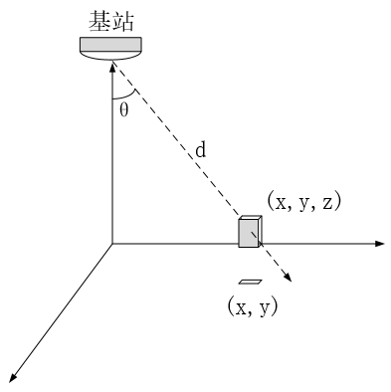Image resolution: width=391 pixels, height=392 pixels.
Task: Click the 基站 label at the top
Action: (x=111, y=20)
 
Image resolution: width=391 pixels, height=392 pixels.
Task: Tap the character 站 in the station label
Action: (x=123, y=20)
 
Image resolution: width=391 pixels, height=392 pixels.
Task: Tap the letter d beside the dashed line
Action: (x=201, y=150)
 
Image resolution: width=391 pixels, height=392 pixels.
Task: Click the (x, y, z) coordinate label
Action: (x=304, y=202)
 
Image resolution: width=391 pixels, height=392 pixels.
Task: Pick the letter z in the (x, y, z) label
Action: (x=332, y=202)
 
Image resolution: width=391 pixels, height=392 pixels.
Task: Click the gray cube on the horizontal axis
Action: (x=249, y=231)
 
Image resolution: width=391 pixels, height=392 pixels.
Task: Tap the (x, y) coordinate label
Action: (x=252, y=306)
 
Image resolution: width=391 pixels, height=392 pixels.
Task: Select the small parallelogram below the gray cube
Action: (x=249, y=282)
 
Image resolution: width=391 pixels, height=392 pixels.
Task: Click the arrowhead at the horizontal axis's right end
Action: (x=379, y=243)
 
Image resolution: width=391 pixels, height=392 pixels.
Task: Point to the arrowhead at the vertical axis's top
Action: (x=111, y=67)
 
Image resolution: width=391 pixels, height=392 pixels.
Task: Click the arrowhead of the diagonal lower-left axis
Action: (x=15, y=376)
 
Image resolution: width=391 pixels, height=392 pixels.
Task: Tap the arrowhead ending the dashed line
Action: (x=289, y=281)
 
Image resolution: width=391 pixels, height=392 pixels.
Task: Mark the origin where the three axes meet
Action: (x=111, y=243)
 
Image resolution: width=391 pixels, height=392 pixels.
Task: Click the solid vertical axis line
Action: (x=111, y=159)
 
